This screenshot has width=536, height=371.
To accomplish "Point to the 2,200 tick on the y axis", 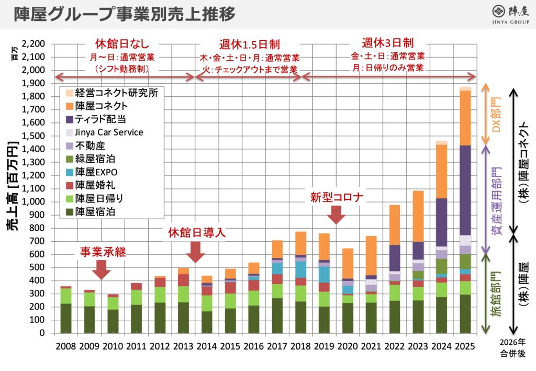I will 35,43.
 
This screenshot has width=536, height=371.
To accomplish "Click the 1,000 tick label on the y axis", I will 35,202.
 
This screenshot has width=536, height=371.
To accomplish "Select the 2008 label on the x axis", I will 65,346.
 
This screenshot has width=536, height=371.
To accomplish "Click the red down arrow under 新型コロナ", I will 336,214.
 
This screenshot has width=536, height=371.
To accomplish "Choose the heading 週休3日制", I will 388,42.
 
